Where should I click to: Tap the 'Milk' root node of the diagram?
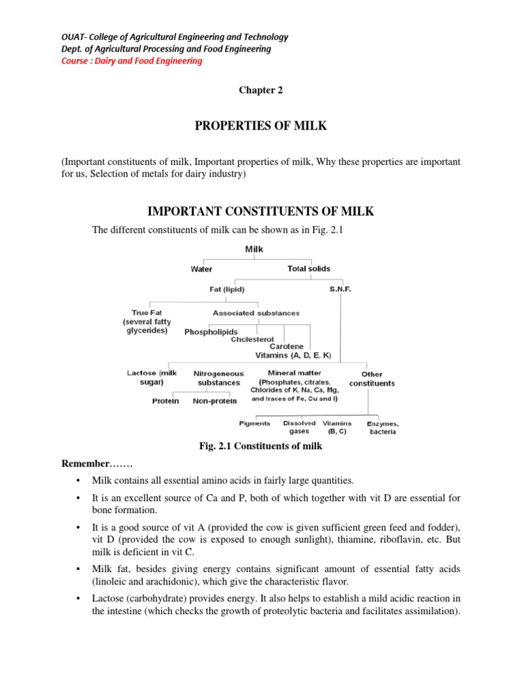[254, 249]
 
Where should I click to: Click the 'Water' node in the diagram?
[201, 269]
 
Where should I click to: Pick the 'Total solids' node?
[309, 269]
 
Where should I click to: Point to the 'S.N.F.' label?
[340, 288]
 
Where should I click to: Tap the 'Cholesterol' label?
[252, 339]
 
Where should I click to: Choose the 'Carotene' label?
[286, 346]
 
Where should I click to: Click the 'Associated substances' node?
[256, 313]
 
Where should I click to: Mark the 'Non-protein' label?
[215, 401]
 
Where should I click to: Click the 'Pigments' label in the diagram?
[255, 424]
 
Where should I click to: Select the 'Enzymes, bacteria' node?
[383, 428]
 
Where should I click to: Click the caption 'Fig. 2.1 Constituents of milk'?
[260, 446]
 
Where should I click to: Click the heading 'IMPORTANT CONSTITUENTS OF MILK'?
[260, 212]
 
